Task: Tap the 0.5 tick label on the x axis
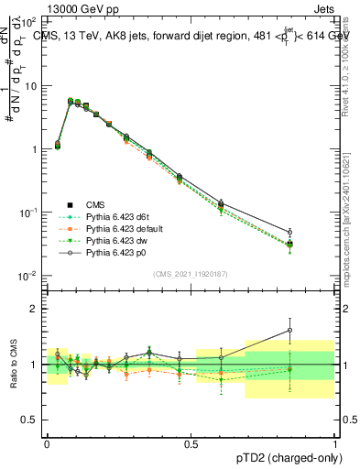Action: tap(191, 442)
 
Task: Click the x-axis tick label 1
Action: tap(334, 442)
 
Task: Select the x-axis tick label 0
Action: tap(47, 442)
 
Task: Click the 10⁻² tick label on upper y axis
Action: tap(30, 276)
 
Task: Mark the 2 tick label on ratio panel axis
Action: tap(37, 309)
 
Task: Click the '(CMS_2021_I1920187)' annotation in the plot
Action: tap(191, 273)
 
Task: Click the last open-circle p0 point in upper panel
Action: tap(290, 233)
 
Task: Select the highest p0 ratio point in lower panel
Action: tap(290, 330)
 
